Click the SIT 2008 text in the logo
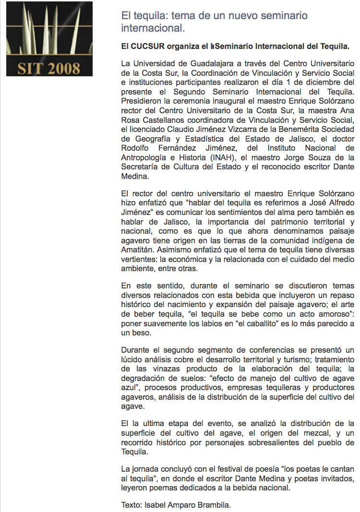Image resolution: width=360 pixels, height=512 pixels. (x=48, y=68)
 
